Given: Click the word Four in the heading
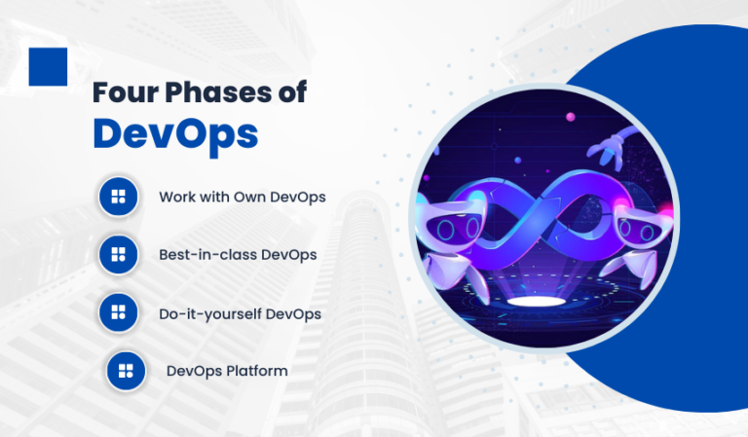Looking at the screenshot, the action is (x=126, y=92).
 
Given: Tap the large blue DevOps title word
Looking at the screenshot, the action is (x=175, y=135).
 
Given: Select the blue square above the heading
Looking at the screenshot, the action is (x=48, y=67).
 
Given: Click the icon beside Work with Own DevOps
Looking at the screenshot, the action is (x=118, y=197).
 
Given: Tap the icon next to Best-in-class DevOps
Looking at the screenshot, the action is (x=118, y=254).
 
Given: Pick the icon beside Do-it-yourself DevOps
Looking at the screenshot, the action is (x=118, y=312).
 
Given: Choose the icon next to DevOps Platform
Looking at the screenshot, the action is (x=126, y=371).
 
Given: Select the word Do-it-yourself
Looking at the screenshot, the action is (x=210, y=314).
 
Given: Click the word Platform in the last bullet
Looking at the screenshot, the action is (x=257, y=371).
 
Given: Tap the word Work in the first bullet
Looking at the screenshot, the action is (x=175, y=197).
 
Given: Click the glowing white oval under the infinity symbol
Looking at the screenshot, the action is (x=536, y=301).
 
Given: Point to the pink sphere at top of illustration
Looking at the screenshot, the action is (x=570, y=116).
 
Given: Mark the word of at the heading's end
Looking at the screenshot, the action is (x=292, y=92).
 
